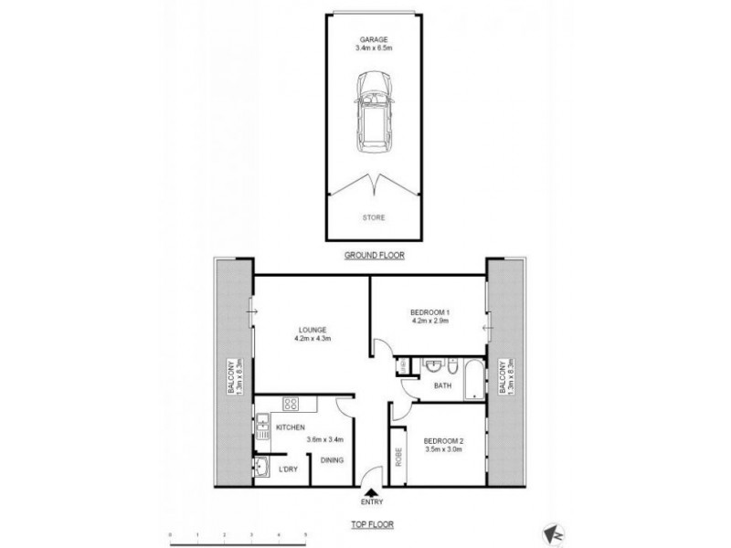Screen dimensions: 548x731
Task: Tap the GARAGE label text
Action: [x=373, y=39]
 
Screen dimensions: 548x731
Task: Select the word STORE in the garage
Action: [x=373, y=217]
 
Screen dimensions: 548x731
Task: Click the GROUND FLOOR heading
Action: [x=373, y=257]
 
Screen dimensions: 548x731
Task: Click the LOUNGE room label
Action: [x=312, y=330]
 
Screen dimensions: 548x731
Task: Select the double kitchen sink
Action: [x=261, y=426]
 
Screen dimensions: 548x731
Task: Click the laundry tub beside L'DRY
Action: [x=262, y=467]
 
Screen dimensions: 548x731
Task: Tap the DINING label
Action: [x=332, y=459]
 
